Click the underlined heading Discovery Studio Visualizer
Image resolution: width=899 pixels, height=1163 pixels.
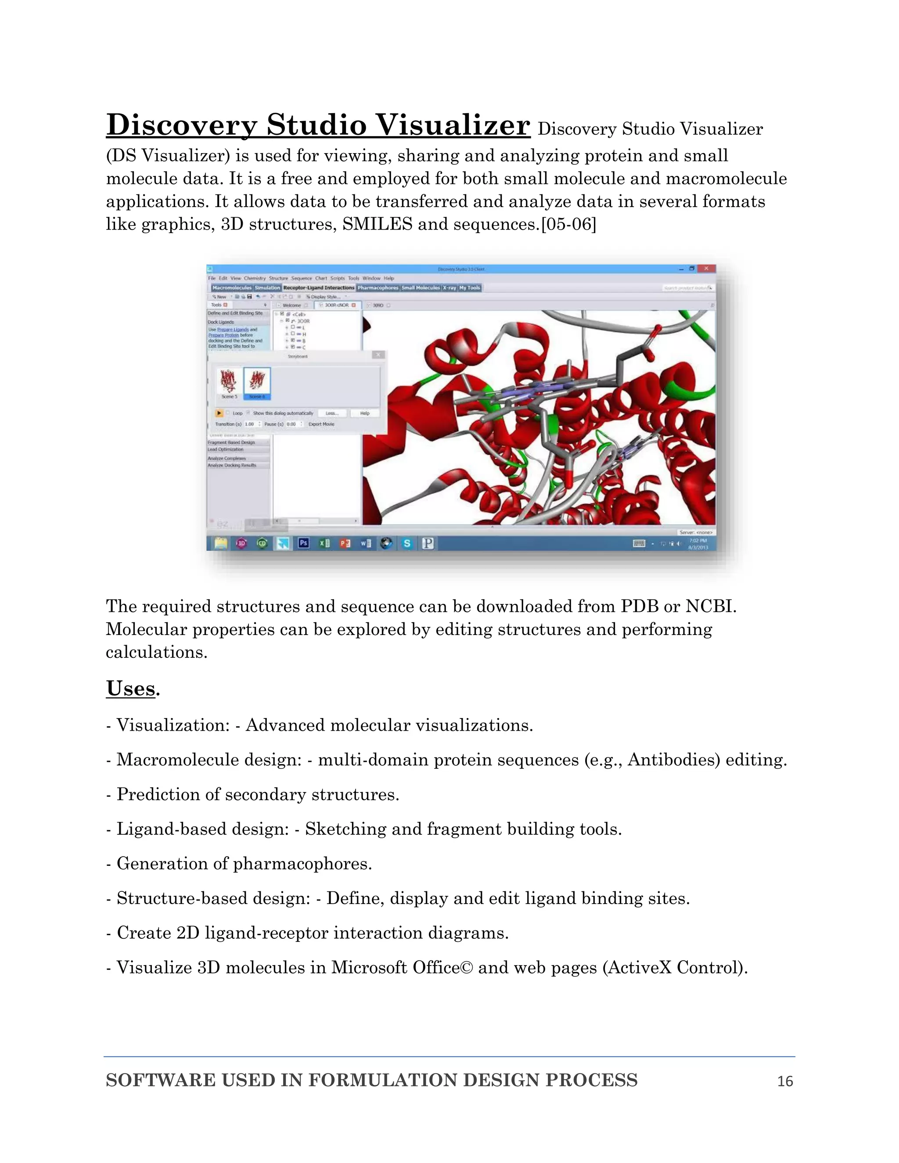pyautogui.click(x=318, y=125)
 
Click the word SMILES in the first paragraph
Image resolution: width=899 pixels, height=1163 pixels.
pyautogui.click(x=377, y=224)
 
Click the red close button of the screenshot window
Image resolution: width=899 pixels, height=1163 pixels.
pyautogui.click(x=706, y=269)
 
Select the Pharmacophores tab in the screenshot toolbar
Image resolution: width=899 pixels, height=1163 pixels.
pyautogui.click(x=378, y=287)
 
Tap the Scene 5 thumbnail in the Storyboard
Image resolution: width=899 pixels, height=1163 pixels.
pyautogui.click(x=229, y=382)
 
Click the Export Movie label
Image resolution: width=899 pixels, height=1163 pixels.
pyautogui.click(x=321, y=424)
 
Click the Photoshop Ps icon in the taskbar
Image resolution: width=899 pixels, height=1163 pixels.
pyautogui.click(x=304, y=543)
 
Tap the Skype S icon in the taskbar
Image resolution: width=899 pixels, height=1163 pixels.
pyautogui.click(x=407, y=543)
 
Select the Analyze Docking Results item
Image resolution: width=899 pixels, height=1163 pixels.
pyautogui.click(x=232, y=465)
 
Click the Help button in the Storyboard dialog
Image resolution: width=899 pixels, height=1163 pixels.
pyautogui.click(x=365, y=413)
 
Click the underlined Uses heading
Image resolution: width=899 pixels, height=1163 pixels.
pyautogui.click(x=130, y=689)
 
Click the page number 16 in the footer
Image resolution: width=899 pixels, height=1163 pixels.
pyautogui.click(x=785, y=1081)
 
